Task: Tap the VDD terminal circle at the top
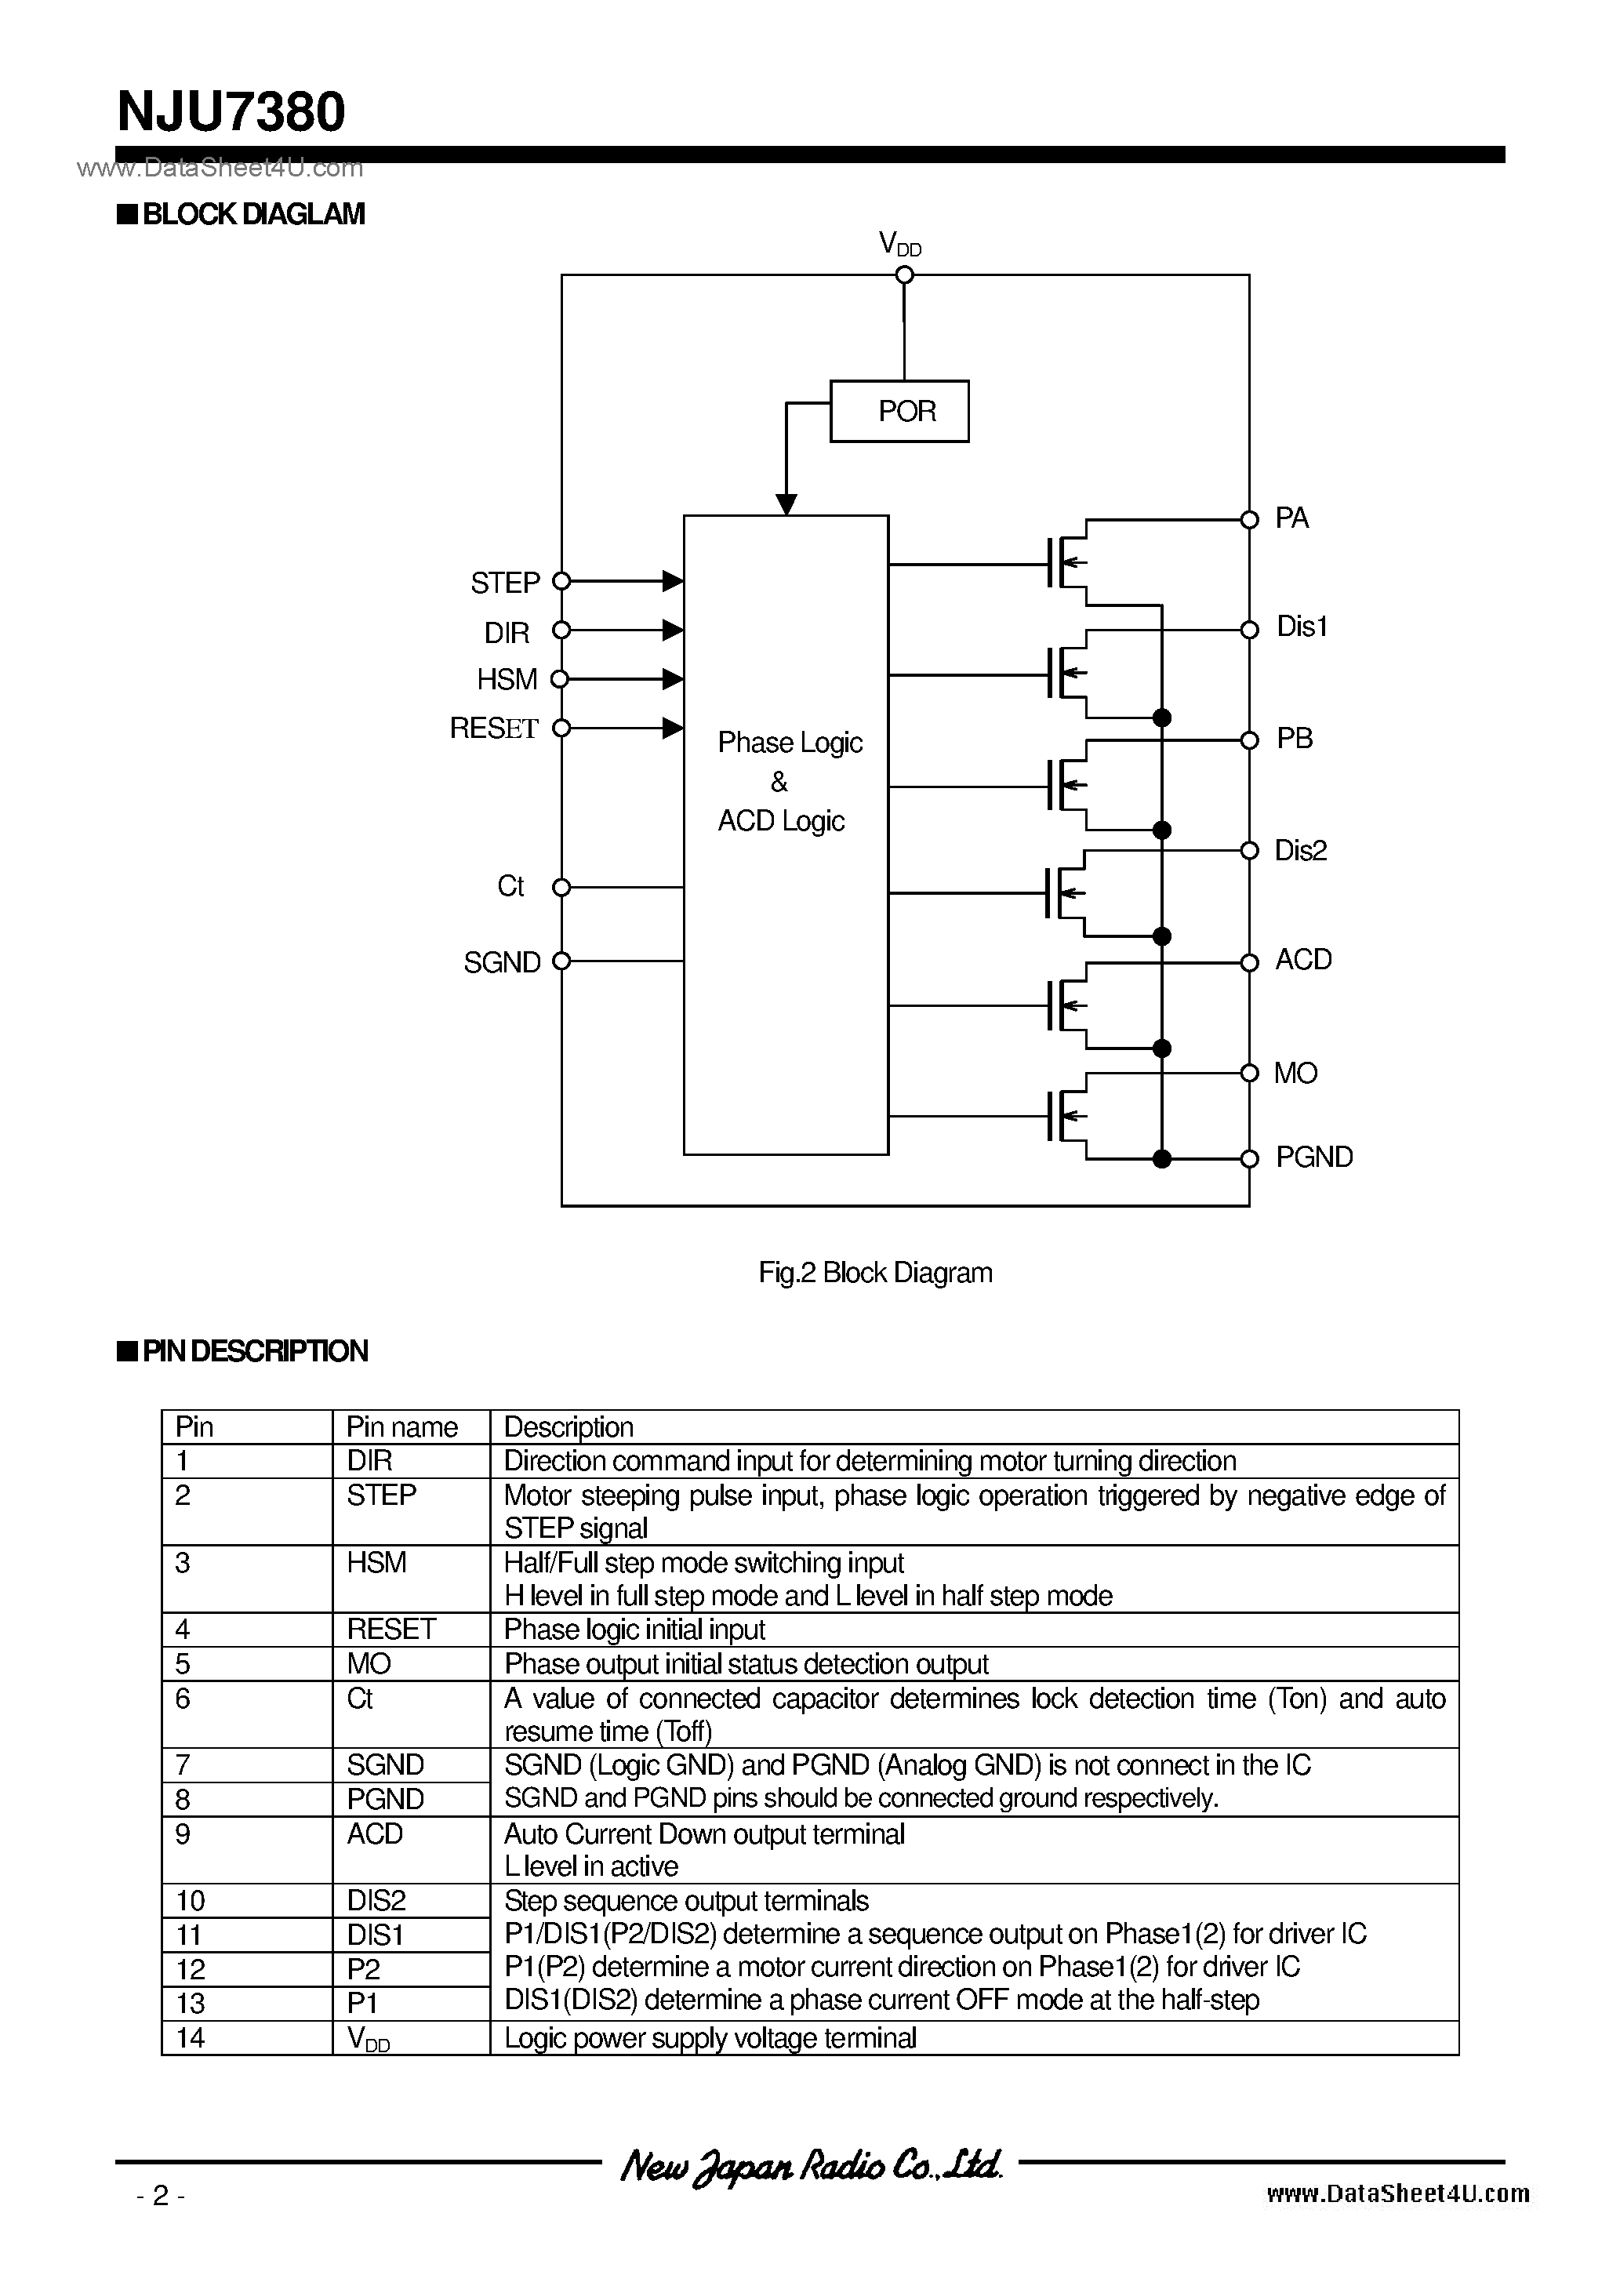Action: (904, 274)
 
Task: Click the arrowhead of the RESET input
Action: (673, 728)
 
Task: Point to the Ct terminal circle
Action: (561, 887)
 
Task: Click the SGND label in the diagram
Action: (501, 961)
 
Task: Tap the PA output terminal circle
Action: (1248, 519)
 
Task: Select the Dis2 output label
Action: (1300, 850)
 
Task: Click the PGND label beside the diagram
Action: (1313, 1157)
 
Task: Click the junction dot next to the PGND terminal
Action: (1161, 1158)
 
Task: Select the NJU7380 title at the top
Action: (232, 112)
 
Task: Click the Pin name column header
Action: (401, 1426)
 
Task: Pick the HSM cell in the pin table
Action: (376, 1562)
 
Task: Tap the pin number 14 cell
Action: (190, 2037)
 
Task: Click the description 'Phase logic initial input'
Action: (634, 1629)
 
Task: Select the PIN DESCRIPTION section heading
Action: (254, 1351)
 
